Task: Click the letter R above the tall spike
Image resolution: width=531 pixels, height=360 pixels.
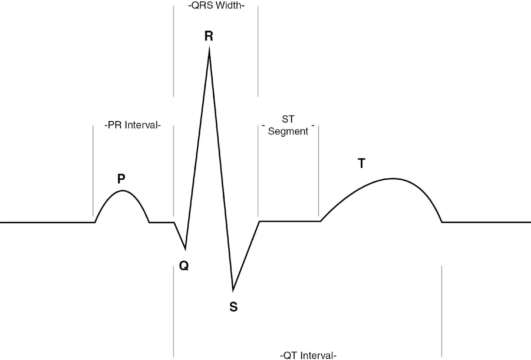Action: (x=208, y=36)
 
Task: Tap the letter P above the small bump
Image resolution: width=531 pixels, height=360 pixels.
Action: (x=121, y=179)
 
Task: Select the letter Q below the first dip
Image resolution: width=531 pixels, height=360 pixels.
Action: (x=184, y=266)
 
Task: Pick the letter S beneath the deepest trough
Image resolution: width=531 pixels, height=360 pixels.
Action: (x=233, y=306)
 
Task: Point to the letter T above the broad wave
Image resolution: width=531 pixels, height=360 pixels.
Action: (x=362, y=164)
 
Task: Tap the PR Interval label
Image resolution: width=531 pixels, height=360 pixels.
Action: (x=133, y=125)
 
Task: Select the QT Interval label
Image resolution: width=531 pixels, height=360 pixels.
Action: (x=309, y=355)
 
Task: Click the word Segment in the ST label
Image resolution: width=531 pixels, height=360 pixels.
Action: (x=288, y=132)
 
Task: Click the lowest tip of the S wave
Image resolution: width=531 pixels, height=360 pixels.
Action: (x=233, y=290)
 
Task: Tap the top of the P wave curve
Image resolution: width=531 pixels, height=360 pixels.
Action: (x=122, y=191)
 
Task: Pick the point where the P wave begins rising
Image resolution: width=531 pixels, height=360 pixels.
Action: (x=95, y=221)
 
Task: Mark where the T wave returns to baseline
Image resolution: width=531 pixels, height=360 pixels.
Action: (x=442, y=221)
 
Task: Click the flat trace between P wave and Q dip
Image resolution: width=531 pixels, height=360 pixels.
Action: (x=162, y=222)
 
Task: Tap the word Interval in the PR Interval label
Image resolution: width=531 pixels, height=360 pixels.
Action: (x=142, y=125)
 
